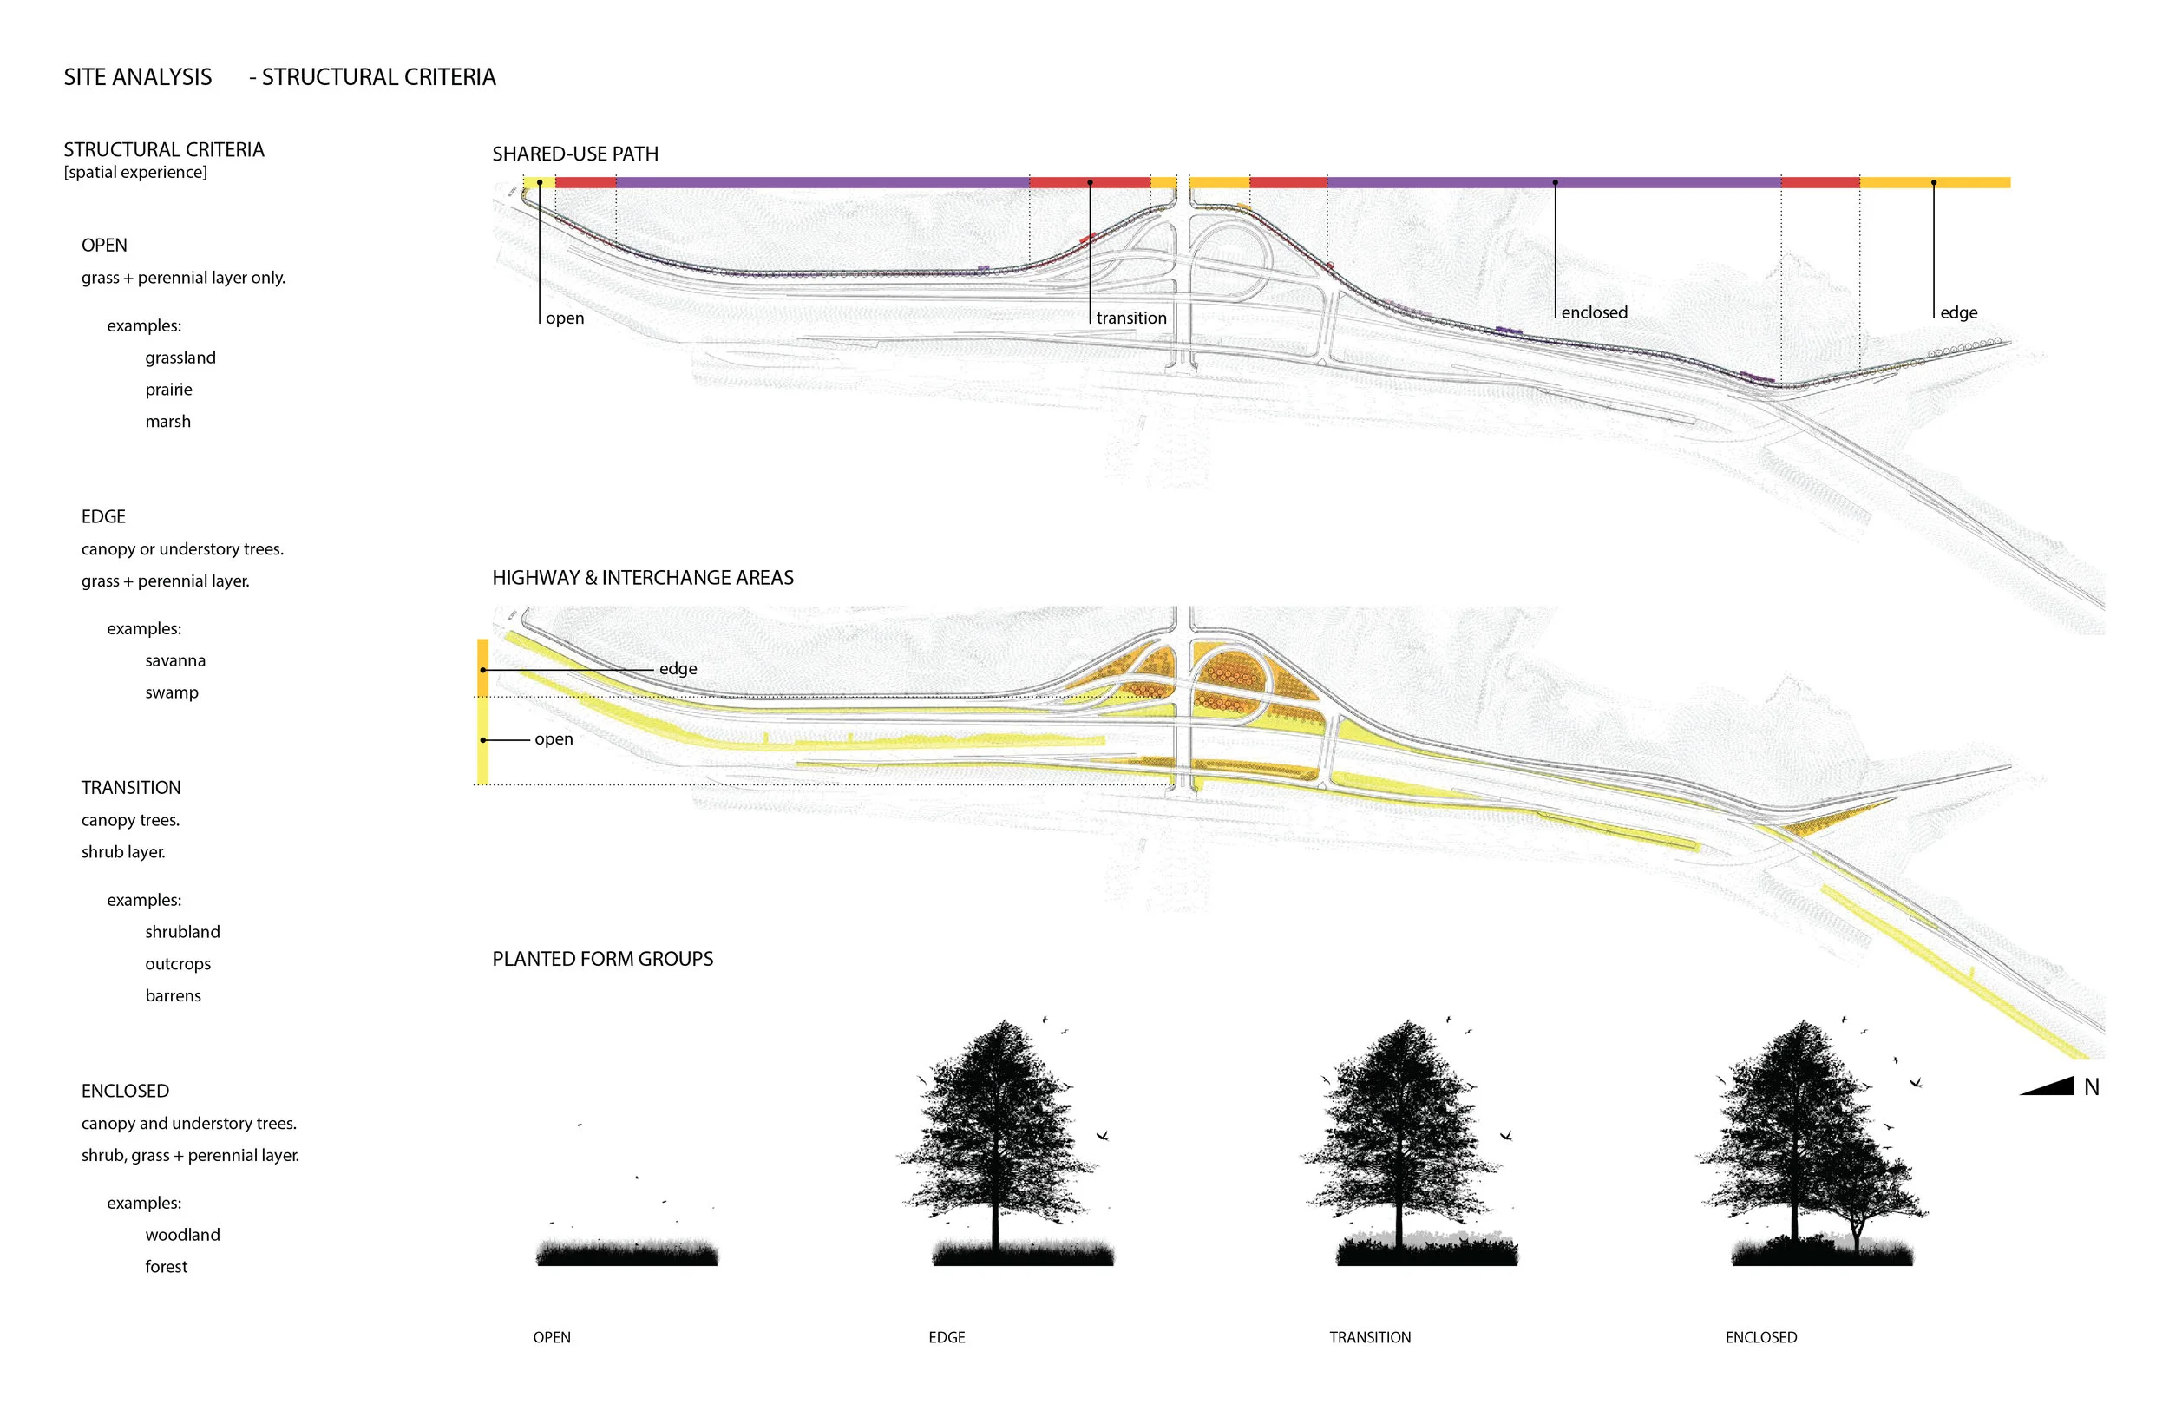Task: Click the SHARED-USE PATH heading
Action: tap(575, 154)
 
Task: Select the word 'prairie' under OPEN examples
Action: tap(168, 390)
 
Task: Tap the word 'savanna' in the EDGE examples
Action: tap(175, 660)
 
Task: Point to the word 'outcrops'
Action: tap(178, 964)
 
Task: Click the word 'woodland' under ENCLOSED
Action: tap(182, 1235)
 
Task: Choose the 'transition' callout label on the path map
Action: tap(1131, 318)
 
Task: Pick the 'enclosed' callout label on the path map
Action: tap(1594, 312)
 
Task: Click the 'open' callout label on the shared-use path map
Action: tap(565, 318)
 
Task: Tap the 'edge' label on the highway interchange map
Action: tap(678, 668)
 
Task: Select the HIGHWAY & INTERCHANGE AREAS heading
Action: tap(643, 578)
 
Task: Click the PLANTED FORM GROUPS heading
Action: tap(602, 959)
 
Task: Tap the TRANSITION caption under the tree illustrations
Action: tap(1370, 1337)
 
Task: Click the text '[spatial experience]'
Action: tap(134, 173)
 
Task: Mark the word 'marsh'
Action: tap(167, 421)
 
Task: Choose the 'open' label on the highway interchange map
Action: tap(554, 739)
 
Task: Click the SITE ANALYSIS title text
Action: tap(138, 77)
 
